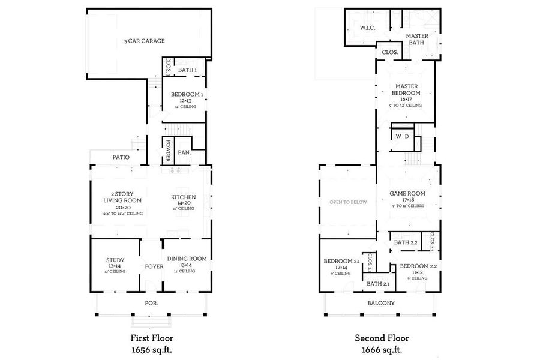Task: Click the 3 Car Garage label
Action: point(144,41)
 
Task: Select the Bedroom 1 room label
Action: point(187,95)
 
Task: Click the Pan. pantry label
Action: point(184,153)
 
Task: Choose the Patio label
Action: point(121,157)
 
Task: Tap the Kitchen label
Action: point(182,197)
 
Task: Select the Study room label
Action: point(115,260)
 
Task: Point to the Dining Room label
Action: point(187,259)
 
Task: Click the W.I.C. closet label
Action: point(367,28)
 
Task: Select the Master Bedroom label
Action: point(406,89)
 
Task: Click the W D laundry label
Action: point(402,136)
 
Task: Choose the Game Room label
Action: point(407,193)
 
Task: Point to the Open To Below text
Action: point(348,202)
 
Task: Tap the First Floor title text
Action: point(152,338)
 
